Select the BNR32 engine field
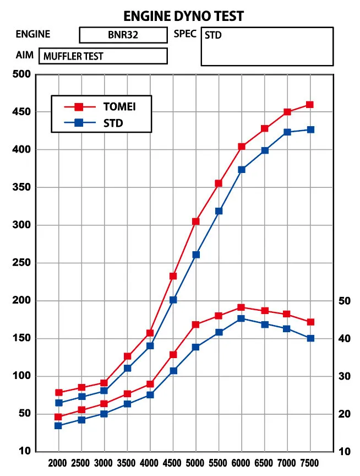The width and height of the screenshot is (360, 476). click(123, 35)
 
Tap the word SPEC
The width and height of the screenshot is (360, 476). click(185, 34)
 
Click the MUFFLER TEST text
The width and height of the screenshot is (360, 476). click(73, 56)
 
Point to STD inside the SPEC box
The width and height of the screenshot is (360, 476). click(213, 35)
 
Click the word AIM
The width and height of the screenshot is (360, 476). click(25, 56)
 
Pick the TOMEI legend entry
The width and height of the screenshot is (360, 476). click(119, 106)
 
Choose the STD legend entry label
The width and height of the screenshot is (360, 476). click(113, 123)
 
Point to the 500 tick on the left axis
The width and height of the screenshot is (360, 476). click(20, 74)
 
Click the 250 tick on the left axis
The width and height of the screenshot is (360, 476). click(20, 263)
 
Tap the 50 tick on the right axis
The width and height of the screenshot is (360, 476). click(344, 301)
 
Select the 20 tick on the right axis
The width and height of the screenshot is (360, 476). click(344, 414)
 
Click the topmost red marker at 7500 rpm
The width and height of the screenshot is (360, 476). click(310, 105)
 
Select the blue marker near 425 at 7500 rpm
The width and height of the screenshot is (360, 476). click(310, 129)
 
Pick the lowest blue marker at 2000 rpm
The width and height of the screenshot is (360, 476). click(58, 425)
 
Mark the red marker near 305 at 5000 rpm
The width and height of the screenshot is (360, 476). click(195, 221)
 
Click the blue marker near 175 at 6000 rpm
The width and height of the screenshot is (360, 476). click(241, 318)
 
